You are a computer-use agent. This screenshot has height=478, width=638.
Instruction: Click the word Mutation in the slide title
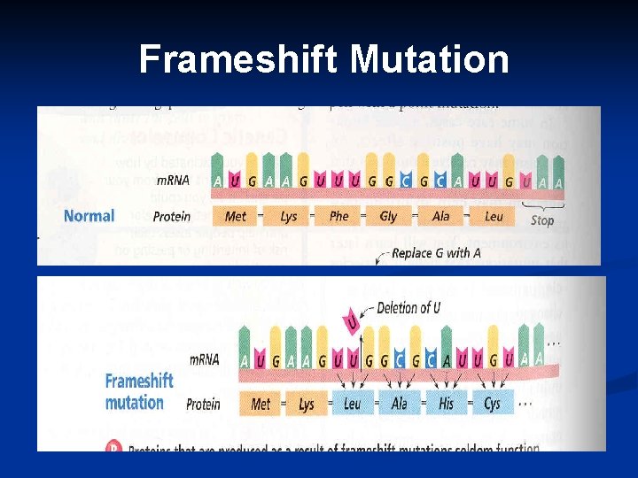click(x=429, y=60)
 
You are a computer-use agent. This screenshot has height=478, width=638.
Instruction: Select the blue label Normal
click(x=89, y=215)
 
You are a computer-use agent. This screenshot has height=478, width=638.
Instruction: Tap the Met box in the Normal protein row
click(x=236, y=216)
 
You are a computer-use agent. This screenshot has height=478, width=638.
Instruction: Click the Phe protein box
click(x=338, y=216)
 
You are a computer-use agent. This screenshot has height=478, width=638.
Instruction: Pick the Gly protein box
click(x=388, y=216)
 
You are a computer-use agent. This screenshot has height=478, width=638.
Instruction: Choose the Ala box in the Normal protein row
click(x=440, y=216)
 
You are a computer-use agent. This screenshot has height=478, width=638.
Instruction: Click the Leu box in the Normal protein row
click(x=494, y=216)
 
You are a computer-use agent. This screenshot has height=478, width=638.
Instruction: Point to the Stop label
click(x=541, y=220)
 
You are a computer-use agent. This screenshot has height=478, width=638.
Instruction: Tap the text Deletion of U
click(x=408, y=308)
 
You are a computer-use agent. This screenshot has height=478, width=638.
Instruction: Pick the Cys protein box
click(x=492, y=404)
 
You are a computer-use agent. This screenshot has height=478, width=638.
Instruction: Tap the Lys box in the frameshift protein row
click(x=307, y=404)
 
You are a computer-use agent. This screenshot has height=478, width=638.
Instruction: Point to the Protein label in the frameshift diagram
click(x=203, y=405)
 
